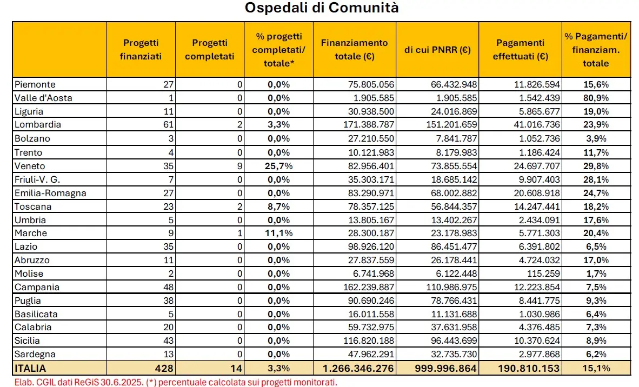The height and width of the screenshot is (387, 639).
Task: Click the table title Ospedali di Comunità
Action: tap(322, 8)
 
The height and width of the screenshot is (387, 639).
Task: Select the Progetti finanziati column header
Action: tap(141, 50)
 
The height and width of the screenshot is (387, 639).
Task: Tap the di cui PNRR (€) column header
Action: tap(437, 50)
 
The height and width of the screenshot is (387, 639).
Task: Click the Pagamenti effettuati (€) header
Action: tap(521, 50)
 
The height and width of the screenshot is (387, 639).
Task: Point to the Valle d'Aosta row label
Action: tap(43, 98)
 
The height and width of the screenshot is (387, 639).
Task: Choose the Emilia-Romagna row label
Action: tap(50, 192)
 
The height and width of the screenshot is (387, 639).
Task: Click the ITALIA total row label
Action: tap(30, 368)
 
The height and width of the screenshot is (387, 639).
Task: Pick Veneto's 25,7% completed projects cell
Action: tap(279, 166)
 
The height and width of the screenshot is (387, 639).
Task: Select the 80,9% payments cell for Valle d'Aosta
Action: tap(596, 98)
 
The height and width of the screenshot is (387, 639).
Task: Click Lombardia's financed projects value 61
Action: tap(168, 124)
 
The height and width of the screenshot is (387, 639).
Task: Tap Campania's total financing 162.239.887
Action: tap(369, 287)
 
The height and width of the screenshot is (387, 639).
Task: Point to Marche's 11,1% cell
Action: tap(279, 233)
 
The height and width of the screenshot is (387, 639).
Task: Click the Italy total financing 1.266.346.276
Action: tap(358, 368)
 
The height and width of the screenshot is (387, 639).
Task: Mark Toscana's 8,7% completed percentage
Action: tap(279, 206)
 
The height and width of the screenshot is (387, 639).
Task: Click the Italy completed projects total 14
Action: tap(236, 368)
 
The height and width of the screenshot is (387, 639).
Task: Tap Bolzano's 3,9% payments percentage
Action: tap(596, 138)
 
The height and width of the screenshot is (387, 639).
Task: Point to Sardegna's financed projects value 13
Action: tap(168, 354)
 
